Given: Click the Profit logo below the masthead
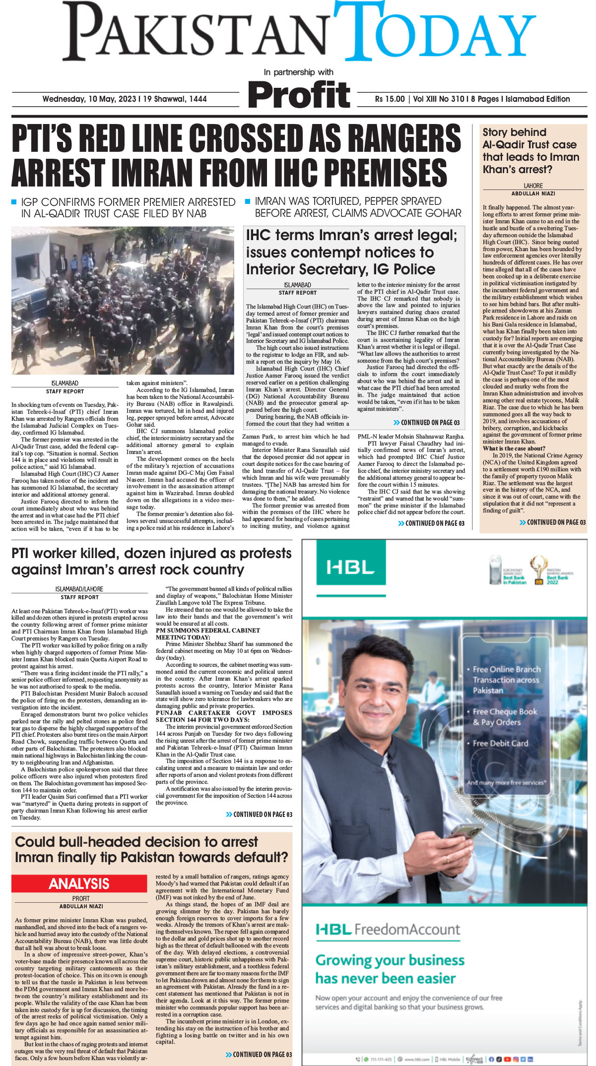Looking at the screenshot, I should coord(299,95).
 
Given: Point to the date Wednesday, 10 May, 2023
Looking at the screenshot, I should coord(89,99).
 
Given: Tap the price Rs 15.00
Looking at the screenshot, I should coord(390,99).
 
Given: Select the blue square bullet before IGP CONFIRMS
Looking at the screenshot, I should coord(14,202).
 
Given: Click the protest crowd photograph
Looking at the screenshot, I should coord(123,300).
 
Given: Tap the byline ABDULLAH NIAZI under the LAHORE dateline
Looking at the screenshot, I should coord(533,193).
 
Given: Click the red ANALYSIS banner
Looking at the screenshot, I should coord(79,883).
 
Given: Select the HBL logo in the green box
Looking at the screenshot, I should coord(350,567).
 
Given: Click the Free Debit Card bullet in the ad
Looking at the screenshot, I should coord(500,743).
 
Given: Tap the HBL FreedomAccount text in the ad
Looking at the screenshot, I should coord(389,929).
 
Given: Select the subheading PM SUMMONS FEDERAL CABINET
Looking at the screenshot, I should coord(207,630).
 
